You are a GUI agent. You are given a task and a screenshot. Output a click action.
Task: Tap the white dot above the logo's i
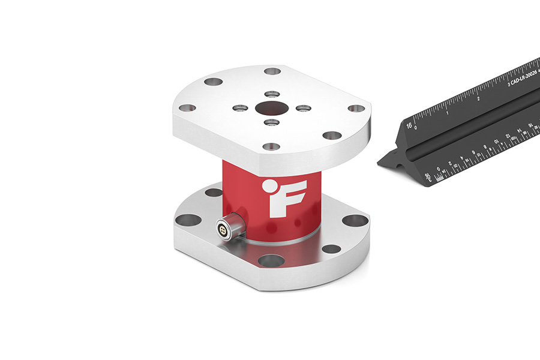271,185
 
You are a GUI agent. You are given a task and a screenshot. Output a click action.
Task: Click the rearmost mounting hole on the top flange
272,71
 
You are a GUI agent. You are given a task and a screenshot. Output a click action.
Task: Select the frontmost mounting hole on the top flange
271,146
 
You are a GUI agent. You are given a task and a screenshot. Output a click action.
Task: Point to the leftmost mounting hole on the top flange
187,109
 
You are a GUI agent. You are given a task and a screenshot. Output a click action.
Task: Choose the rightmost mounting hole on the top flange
356,109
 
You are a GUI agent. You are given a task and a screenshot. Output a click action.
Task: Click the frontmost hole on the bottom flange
271,260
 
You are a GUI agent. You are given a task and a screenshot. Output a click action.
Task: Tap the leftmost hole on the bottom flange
188,220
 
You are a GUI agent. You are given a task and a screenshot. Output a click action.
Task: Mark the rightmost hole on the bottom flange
355,220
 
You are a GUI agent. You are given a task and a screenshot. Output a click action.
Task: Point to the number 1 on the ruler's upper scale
448,112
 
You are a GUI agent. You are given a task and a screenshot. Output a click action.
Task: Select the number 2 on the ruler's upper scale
478,98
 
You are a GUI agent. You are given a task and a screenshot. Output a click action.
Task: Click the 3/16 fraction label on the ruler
428,176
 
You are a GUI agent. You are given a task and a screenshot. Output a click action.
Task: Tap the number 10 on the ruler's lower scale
496,142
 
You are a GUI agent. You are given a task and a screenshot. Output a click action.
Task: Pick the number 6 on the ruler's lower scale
473,153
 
